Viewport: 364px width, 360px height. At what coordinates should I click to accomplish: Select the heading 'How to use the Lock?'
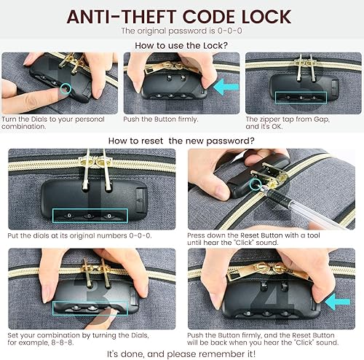pos(181,45)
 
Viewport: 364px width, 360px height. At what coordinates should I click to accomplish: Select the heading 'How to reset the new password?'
pos(181,140)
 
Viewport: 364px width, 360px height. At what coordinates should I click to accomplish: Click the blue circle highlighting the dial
pos(67,91)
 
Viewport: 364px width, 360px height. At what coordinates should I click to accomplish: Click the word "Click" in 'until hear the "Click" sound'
pos(261,245)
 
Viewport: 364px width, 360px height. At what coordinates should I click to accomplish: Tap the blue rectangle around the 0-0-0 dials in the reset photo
pos(90,216)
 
